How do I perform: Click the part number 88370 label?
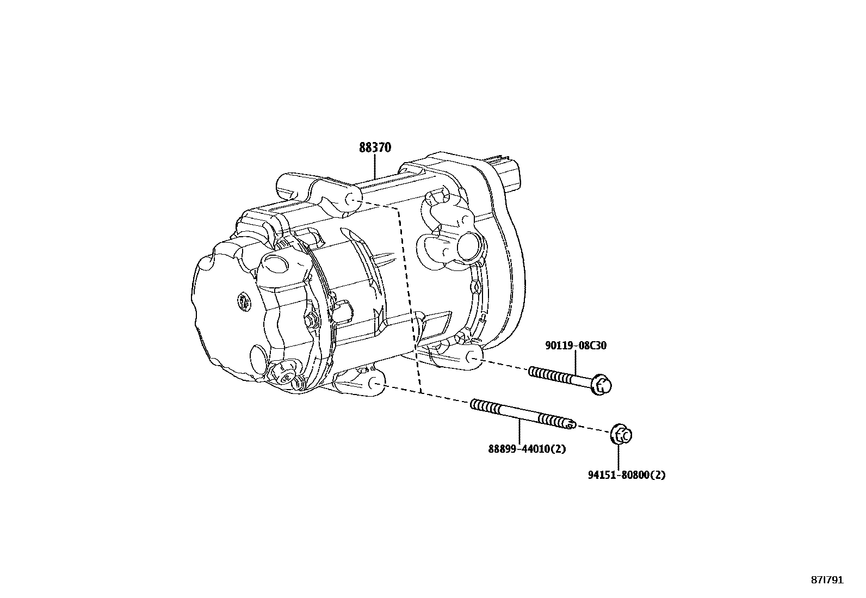[375, 147]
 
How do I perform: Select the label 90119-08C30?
[576, 345]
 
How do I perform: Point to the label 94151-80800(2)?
[626, 474]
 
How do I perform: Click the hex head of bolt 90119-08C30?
[602, 385]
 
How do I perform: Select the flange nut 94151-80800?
[622, 434]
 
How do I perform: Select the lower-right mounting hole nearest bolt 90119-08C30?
[473, 358]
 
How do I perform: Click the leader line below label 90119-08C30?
[576, 362]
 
